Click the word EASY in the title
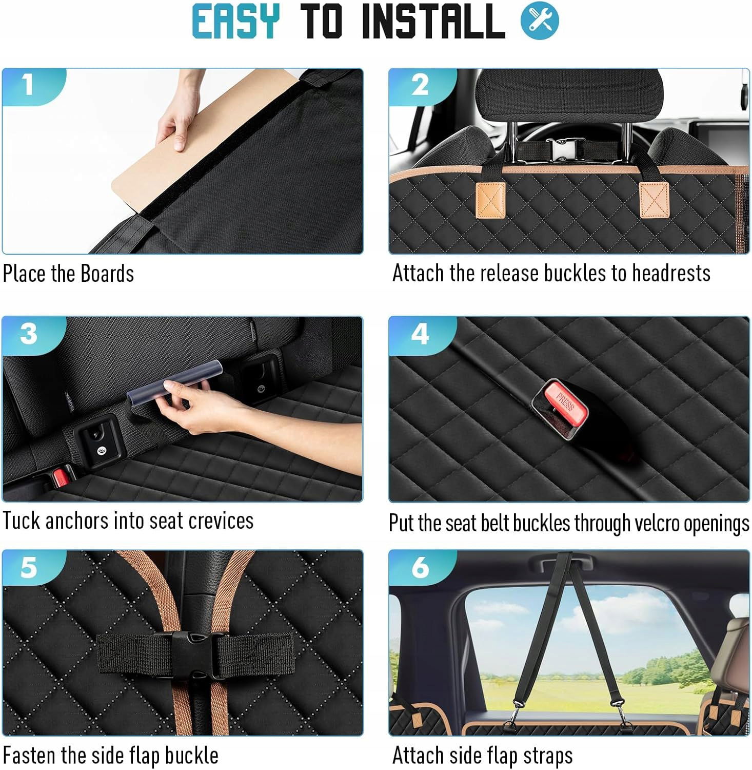point(236,21)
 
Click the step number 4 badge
point(421,335)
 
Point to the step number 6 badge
point(421,568)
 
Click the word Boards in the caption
point(107,273)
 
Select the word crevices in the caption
point(221,521)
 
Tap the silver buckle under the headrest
point(563,149)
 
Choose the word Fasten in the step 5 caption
point(30,756)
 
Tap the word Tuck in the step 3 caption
point(21,521)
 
